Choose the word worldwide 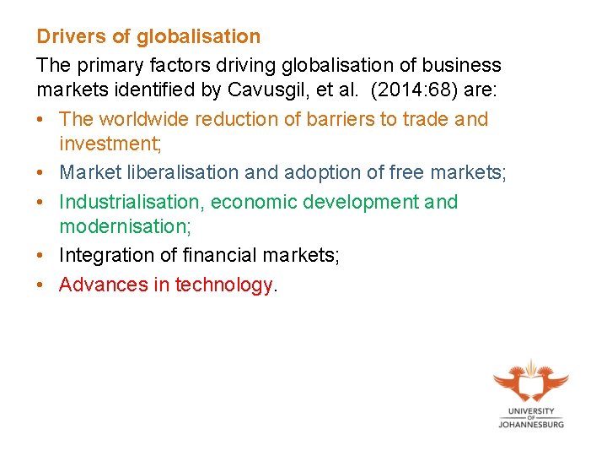tap(144, 119)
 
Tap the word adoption tap(316, 173)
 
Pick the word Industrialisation tap(129, 202)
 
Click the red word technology tap(223, 285)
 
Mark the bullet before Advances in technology tap(40, 285)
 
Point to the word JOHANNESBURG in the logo tap(530, 423)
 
